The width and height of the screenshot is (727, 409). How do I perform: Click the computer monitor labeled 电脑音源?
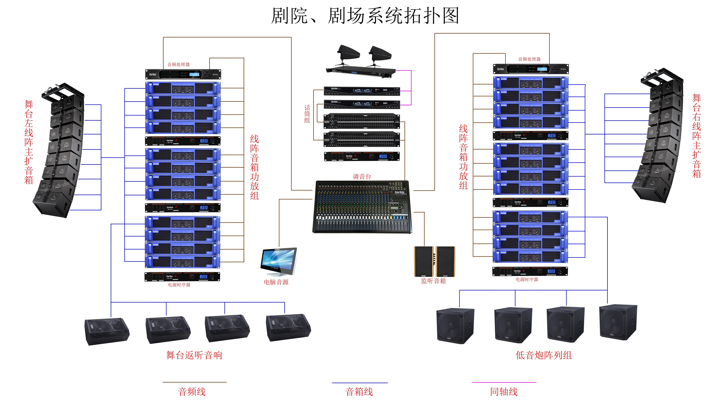coord(279,261)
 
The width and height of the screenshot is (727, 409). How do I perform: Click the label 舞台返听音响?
coord(194,355)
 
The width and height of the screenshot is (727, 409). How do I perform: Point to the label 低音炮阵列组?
coord(544,355)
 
